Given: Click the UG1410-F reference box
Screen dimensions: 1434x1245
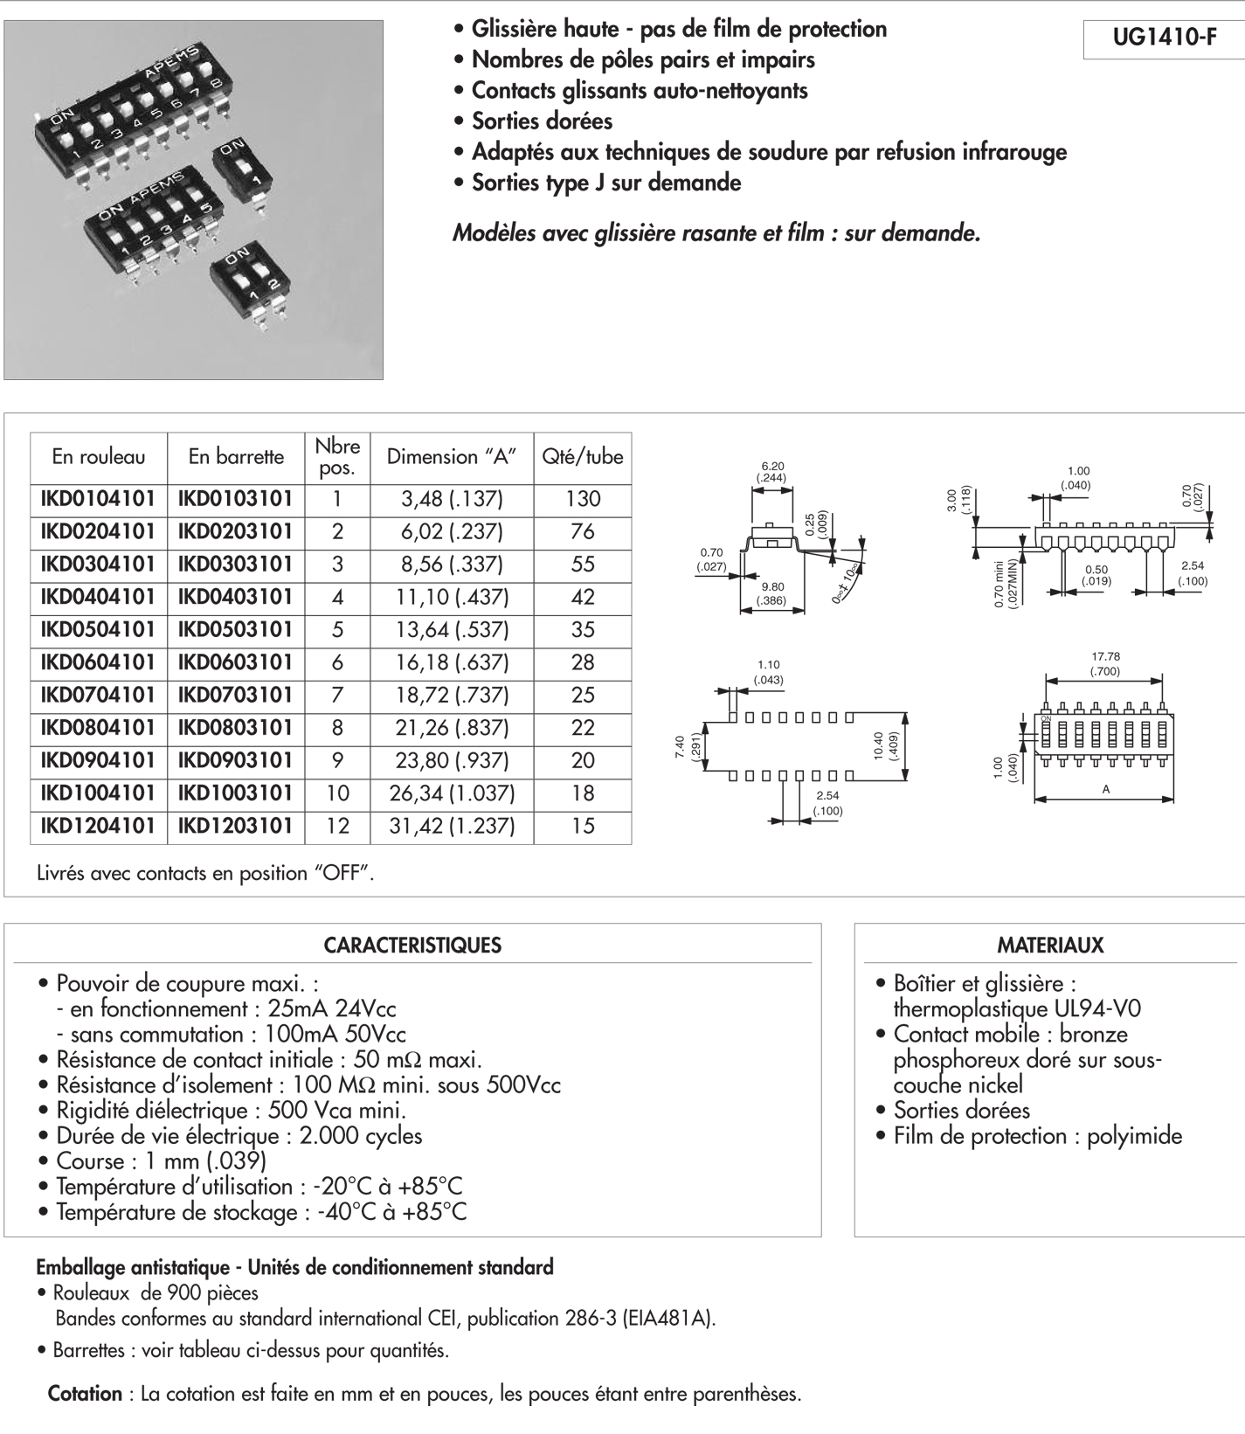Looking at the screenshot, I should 1164,38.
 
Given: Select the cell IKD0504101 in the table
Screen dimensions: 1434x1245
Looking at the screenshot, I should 98,630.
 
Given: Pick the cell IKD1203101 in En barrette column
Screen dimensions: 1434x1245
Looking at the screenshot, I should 235,826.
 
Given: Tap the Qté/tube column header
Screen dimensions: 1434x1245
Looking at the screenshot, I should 582,456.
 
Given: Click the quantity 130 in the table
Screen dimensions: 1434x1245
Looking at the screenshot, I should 582,499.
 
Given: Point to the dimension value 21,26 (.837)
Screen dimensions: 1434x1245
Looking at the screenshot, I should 452,728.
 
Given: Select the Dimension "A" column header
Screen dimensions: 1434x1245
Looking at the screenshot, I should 452,456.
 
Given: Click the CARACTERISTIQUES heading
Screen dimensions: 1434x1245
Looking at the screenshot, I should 412,946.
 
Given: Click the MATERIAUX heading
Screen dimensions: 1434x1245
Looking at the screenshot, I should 1050,946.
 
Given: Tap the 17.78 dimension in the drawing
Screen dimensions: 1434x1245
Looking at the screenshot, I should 1105,656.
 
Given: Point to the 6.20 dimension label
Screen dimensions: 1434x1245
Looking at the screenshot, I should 772,467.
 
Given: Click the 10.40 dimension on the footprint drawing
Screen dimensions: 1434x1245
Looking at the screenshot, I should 879,745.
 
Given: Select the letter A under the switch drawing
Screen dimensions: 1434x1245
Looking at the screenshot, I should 1105,789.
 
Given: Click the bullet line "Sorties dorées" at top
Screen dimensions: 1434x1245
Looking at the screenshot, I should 542,121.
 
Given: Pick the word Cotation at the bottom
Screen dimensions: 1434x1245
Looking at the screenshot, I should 85,1394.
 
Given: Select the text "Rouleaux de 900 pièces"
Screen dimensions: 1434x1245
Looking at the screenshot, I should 156,1292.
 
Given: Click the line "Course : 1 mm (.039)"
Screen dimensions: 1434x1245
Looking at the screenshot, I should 161,1161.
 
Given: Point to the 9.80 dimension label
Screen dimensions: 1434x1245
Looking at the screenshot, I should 772,587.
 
